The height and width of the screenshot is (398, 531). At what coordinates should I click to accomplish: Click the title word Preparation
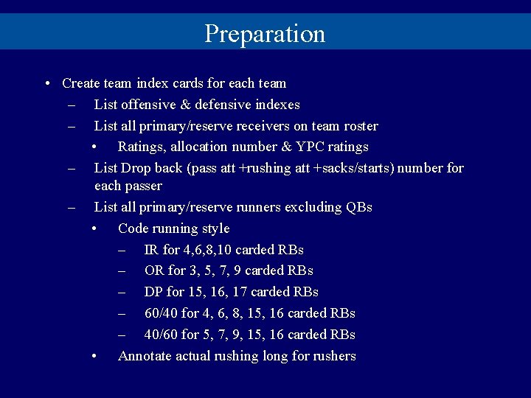pyautogui.click(x=265, y=34)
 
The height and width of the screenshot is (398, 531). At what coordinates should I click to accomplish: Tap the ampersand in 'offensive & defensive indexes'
pyautogui.click(x=187, y=105)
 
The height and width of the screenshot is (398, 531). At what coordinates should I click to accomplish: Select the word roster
pyautogui.click(x=361, y=126)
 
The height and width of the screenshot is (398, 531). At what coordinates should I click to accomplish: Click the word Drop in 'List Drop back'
pyautogui.click(x=136, y=168)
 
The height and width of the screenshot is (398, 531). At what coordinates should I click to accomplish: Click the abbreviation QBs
pyautogui.click(x=358, y=207)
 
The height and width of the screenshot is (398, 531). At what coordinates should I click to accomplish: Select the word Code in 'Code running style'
pyautogui.click(x=133, y=228)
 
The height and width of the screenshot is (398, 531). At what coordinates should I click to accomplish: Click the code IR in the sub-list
pyautogui.click(x=153, y=250)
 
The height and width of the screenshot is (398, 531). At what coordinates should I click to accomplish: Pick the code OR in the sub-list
pyautogui.click(x=154, y=270)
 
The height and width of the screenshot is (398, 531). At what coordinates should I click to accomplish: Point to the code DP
pyautogui.click(x=154, y=292)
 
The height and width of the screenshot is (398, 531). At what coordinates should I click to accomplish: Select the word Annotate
pyautogui.click(x=146, y=356)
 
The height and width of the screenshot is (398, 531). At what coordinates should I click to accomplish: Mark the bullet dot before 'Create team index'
pyautogui.click(x=47, y=83)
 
